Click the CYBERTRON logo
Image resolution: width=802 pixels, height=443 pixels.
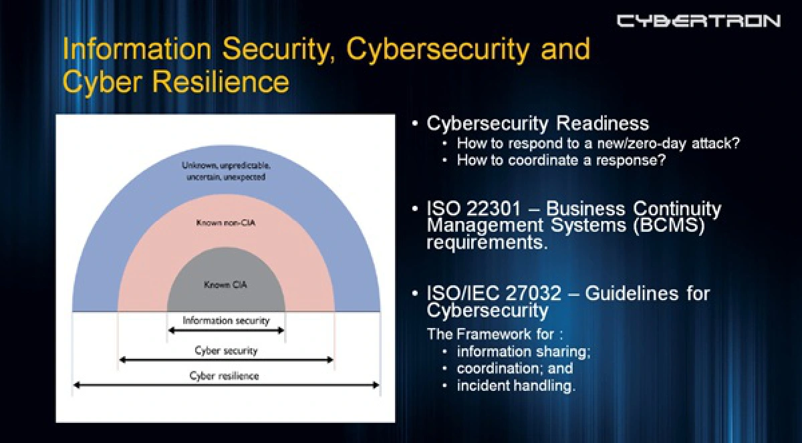click(698, 21)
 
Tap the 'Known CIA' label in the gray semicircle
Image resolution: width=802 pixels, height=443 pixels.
click(225, 285)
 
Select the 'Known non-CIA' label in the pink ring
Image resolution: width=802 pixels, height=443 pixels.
click(226, 222)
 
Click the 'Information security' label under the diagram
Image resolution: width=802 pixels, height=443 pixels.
click(226, 320)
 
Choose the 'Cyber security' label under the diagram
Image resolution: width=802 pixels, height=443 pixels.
click(226, 350)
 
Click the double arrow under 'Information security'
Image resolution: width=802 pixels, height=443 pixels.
click(226, 330)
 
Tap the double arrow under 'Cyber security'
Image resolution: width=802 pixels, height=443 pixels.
click(226, 359)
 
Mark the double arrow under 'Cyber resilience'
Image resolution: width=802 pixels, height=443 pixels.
click(226, 385)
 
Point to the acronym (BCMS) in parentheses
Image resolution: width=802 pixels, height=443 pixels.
click(668, 225)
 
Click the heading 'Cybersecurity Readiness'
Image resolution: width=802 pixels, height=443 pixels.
click(538, 124)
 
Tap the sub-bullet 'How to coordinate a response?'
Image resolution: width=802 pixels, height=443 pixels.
click(561, 160)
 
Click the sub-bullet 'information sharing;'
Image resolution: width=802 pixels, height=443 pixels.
click(523, 351)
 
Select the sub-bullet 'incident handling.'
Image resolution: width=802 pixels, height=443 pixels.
click(516, 386)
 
